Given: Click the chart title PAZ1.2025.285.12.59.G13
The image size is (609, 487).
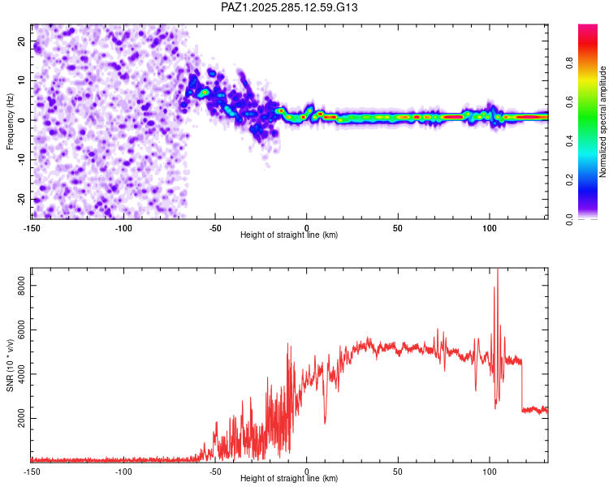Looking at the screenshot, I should (x=290, y=7).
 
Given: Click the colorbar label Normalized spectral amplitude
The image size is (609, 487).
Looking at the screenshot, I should (x=603, y=122).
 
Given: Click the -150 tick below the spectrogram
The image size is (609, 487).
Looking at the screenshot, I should (x=32, y=227).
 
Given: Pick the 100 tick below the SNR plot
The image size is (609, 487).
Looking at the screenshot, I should (x=489, y=471).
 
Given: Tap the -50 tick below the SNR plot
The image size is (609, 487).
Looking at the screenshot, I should (x=215, y=471).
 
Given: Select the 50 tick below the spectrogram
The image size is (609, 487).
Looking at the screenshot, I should (x=398, y=227).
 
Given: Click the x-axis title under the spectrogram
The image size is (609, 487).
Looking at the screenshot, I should (x=289, y=235).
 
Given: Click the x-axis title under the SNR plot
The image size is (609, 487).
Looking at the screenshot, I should (x=289, y=479).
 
